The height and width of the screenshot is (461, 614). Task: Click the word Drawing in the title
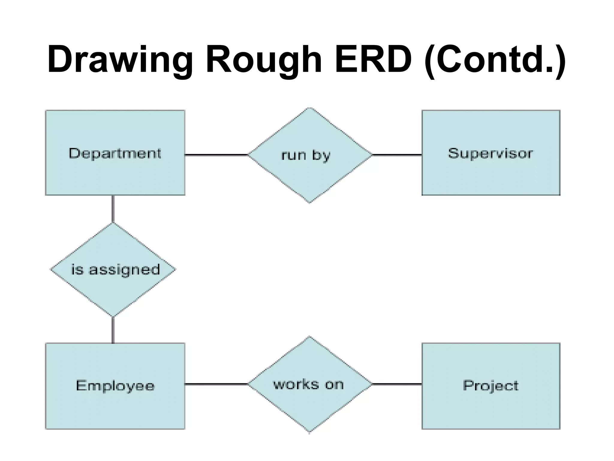click(x=120, y=59)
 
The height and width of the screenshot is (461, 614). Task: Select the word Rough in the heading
click(x=264, y=59)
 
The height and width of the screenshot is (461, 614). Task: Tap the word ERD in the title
click(x=373, y=59)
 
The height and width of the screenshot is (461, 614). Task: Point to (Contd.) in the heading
click(x=495, y=59)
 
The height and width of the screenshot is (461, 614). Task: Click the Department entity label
click(x=115, y=153)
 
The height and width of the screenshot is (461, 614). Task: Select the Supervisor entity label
click(x=490, y=153)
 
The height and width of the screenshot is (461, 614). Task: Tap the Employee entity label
click(x=115, y=386)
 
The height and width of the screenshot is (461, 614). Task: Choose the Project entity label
click(x=490, y=386)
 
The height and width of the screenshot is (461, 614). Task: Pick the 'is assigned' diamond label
click(x=115, y=270)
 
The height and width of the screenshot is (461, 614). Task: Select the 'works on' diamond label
click(x=308, y=384)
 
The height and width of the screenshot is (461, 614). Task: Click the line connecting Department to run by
click(x=216, y=155)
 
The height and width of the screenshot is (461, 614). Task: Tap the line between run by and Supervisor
click(x=397, y=155)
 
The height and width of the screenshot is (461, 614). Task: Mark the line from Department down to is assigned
click(x=113, y=209)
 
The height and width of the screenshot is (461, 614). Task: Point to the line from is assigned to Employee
click(x=113, y=330)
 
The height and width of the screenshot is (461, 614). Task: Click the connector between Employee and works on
click(x=216, y=384)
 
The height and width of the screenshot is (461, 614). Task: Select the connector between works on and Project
click(x=397, y=384)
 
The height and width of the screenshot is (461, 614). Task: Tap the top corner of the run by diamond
click(x=310, y=109)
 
